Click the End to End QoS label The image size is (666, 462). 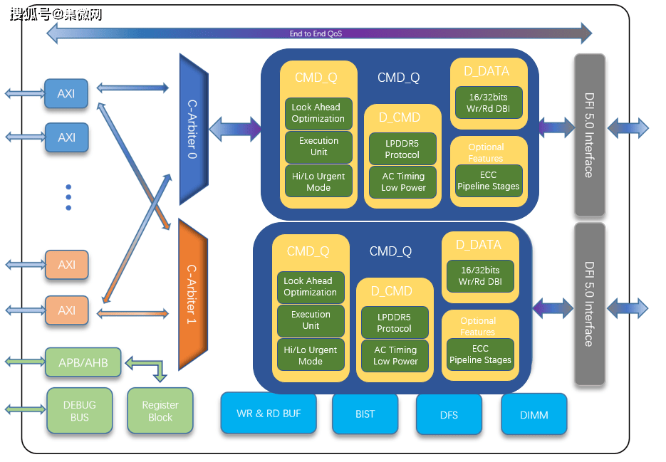pyautogui.click(x=316, y=33)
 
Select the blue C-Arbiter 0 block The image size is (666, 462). pyautogui.click(x=192, y=128)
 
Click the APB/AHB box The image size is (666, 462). pyautogui.click(x=83, y=363)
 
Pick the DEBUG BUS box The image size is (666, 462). pyautogui.click(x=80, y=411)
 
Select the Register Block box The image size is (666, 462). pyautogui.click(x=160, y=411)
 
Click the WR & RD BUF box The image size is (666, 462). pyautogui.click(x=269, y=413)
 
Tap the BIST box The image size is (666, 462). pyautogui.click(x=365, y=414)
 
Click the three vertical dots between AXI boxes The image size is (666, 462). pyautogui.click(x=68, y=197)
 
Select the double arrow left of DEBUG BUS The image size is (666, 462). pyautogui.click(x=25, y=409)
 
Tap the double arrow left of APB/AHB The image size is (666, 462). pyautogui.click(x=25, y=362)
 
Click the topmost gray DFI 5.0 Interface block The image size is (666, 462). pyautogui.click(x=589, y=135)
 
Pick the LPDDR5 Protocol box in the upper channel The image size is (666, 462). pyautogui.click(x=402, y=149)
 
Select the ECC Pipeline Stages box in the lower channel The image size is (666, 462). pyautogui.click(x=480, y=355)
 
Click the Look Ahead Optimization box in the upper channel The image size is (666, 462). pyautogui.click(x=318, y=113)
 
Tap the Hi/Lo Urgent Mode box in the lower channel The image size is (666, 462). pyautogui.click(x=311, y=355)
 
